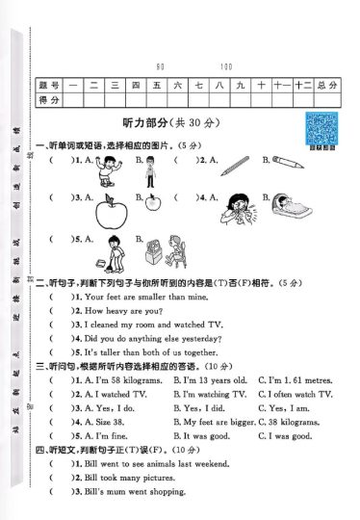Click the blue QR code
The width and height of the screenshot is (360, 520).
320,127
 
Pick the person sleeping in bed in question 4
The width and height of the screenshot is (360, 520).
287,205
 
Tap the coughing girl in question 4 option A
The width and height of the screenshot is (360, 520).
237,205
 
